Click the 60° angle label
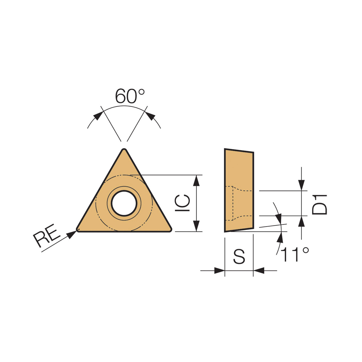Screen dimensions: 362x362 pos(130,96)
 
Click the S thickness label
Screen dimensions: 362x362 pos(239,256)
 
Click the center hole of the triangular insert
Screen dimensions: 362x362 pos(124,203)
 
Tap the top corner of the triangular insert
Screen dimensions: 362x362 pos(124,150)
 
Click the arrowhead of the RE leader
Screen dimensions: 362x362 pos(71,234)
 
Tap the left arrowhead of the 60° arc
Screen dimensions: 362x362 pos(97,116)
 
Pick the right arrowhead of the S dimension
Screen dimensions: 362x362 pos(259,271)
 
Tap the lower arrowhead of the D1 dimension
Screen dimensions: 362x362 pos(301,222)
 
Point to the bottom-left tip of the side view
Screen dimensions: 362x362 pos(225,232)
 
